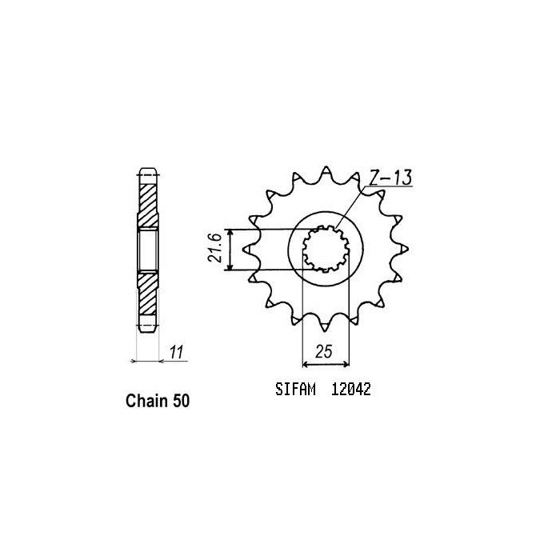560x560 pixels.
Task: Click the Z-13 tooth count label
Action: pyautogui.click(x=390, y=178)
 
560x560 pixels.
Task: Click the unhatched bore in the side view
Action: pyautogui.click(x=149, y=249)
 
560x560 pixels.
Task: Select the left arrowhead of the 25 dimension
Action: pyautogui.click(x=305, y=362)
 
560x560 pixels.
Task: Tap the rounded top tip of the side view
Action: pyautogui.click(x=149, y=170)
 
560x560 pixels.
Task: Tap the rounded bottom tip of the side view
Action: pyautogui.click(x=149, y=328)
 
